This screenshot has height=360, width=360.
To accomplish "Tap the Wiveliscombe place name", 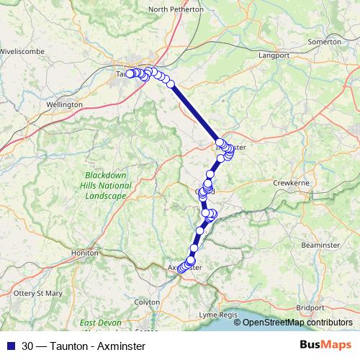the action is click(22, 52).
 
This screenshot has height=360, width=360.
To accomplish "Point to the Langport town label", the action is click(274, 55).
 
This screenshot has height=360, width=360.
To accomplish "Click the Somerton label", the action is click(324, 42).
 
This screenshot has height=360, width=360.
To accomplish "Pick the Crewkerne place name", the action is click(291, 184).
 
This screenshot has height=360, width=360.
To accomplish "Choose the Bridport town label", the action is click(310, 307).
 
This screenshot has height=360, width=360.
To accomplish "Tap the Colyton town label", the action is click(146, 302).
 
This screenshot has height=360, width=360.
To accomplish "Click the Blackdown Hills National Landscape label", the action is click(106, 186).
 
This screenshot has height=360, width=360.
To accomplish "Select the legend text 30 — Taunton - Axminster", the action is click(84, 346).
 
